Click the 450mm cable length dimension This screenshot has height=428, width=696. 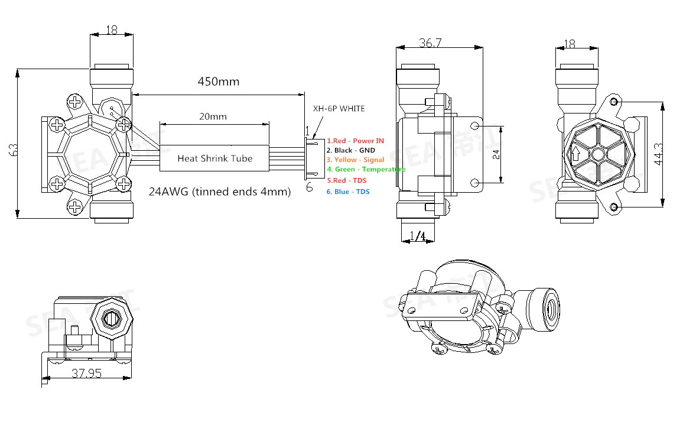point(218,82)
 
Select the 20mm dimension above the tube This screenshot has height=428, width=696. point(213,116)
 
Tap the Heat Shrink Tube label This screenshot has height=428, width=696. point(215,158)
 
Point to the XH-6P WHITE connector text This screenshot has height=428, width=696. point(339,109)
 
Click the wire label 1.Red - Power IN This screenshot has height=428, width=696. point(355,141)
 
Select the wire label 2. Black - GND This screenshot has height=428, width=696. point(351,150)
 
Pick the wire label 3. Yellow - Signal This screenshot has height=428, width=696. point(355,160)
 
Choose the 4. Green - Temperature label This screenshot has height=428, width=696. point(366,169)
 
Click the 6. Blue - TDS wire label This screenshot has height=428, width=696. point(348,192)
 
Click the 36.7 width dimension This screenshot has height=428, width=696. point(431,43)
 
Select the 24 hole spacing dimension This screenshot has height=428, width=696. point(496,155)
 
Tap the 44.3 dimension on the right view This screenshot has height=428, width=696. point(656,155)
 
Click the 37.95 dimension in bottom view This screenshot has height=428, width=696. point(86,373)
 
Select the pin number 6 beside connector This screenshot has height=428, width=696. point(308,187)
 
